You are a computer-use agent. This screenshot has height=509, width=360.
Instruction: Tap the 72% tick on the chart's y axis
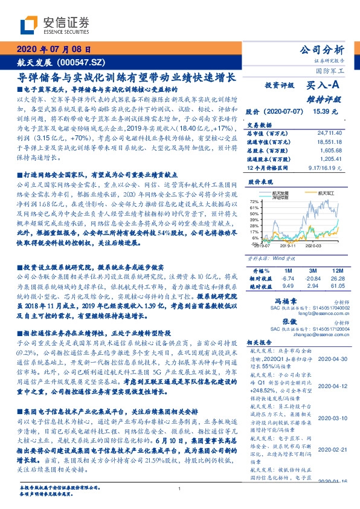click(254, 201)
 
